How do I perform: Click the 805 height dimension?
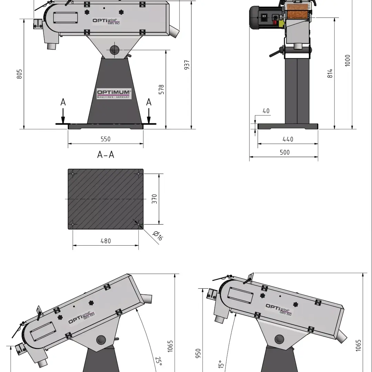pos(19,74)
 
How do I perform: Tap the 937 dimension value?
pos(187,65)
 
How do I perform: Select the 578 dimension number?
pos(161,90)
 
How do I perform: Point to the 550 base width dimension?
pos(106,139)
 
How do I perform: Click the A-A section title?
pos(106,155)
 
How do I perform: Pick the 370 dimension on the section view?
pos(154,199)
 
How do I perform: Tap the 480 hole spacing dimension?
pos(106,241)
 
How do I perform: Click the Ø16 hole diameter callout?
pos(158,236)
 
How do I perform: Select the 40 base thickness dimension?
pos(266,111)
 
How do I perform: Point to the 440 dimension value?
pos(288,139)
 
